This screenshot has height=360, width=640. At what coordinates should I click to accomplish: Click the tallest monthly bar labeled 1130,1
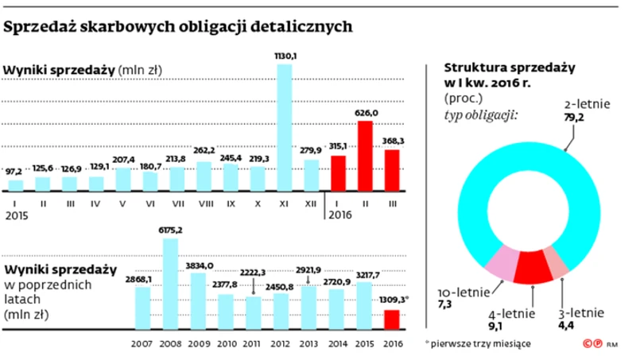tap(284, 127)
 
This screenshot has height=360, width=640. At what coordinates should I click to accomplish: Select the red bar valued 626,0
tap(365, 156)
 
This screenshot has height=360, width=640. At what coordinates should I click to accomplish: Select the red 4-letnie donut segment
tap(531, 268)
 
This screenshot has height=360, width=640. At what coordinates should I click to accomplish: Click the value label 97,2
tap(14, 172)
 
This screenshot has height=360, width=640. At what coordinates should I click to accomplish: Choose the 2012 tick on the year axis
tap(279, 345)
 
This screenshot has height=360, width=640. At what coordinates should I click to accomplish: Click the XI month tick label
tap(284, 203)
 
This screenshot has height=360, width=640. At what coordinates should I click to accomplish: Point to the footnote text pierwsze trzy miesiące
tap(479, 344)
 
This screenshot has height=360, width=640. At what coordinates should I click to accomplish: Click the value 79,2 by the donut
tap(573, 118)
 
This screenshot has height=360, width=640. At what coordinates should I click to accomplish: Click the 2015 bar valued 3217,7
tap(363, 305)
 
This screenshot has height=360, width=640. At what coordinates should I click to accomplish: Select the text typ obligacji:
tap(481, 115)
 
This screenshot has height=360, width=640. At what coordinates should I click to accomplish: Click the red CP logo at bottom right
tap(592, 345)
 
